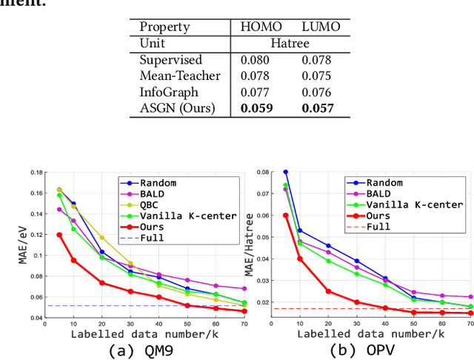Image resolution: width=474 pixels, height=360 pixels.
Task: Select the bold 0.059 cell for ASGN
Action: (256, 108)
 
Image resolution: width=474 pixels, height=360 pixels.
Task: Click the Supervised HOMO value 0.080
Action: (256, 59)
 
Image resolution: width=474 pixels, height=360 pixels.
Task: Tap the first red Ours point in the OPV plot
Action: (285, 215)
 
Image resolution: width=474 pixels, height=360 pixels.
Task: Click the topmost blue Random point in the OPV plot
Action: (285, 172)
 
